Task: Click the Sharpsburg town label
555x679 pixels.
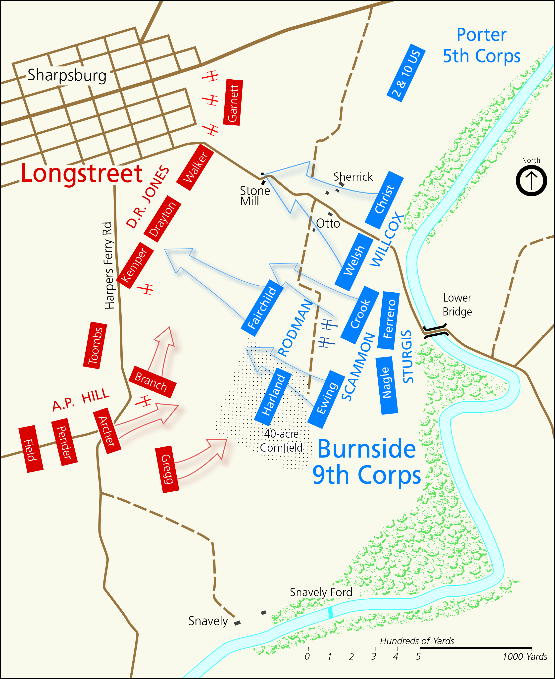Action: (x=67, y=75)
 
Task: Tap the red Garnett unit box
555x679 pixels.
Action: (x=233, y=102)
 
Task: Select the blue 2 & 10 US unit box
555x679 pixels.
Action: (x=406, y=73)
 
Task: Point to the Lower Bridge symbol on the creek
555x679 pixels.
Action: (x=435, y=330)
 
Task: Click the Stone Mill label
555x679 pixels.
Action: (x=254, y=196)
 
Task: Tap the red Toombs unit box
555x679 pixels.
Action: (x=95, y=345)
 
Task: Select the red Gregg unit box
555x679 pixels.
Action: (x=167, y=469)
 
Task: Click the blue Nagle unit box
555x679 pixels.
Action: (x=387, y=385)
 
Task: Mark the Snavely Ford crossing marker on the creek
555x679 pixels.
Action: (x=330, y=612)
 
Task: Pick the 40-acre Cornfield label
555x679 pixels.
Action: (x=281, y=441)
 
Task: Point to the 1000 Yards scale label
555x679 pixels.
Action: (x=525, y=657)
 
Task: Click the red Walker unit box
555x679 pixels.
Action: (x=195, y=167)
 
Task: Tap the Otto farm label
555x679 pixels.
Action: (x=328, y=223)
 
